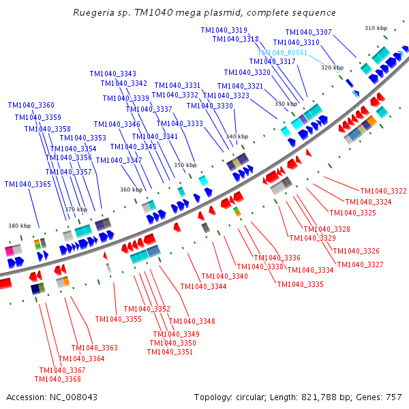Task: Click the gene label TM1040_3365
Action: (27, 184)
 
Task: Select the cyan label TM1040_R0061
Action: (282, 52)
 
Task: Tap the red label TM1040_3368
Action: (57, 379)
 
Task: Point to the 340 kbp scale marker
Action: (237, 136)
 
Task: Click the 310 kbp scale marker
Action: (376, 28)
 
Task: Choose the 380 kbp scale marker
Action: (19, 226)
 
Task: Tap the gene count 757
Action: (393, 397)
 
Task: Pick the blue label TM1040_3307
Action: (308, 32)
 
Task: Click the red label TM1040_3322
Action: (384, 191)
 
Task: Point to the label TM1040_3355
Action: (118, 319)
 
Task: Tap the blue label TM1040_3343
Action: (112, 74)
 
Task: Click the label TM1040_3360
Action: (31, 105)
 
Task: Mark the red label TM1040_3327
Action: (360, 264)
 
